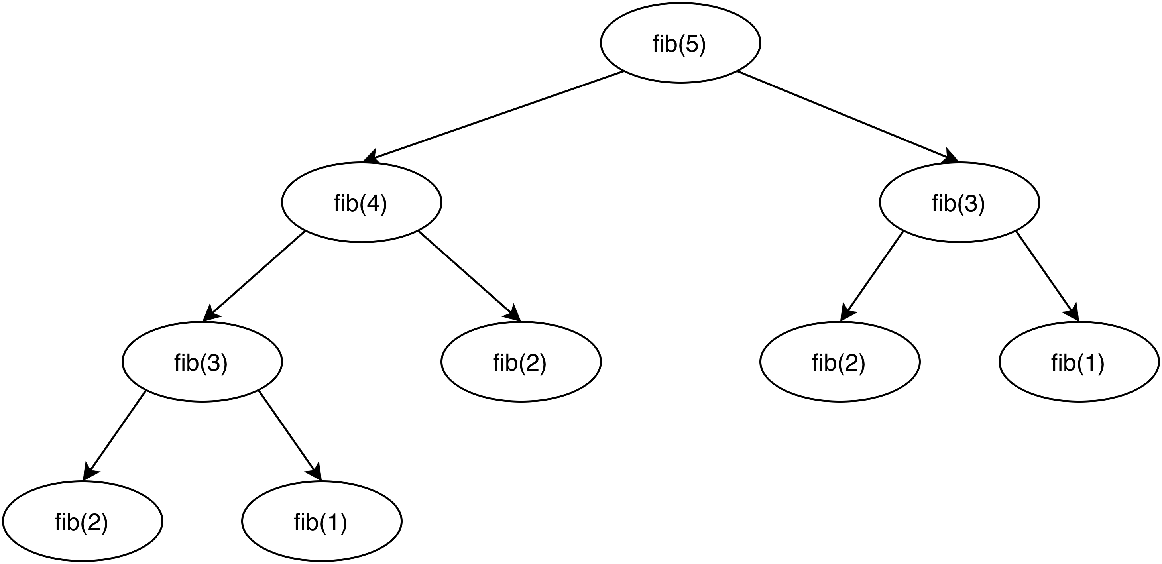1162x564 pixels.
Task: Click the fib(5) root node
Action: (x=680, y=43)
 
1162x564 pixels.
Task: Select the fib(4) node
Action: (x=361, y=202)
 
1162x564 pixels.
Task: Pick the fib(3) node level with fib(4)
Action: (x=959, y=202)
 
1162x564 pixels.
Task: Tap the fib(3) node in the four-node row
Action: (x=202, y=362)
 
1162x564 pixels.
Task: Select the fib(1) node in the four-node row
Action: (x=1079, y=362)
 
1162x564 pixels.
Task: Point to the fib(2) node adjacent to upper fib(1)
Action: (x=840, y=362)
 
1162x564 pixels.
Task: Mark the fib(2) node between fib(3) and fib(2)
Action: (x=521, y=362)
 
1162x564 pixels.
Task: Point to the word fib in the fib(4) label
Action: (x=345, y=204)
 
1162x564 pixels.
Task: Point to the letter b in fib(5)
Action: (x=670, y=44)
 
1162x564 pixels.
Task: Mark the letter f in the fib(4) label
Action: (x=337, y=204)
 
